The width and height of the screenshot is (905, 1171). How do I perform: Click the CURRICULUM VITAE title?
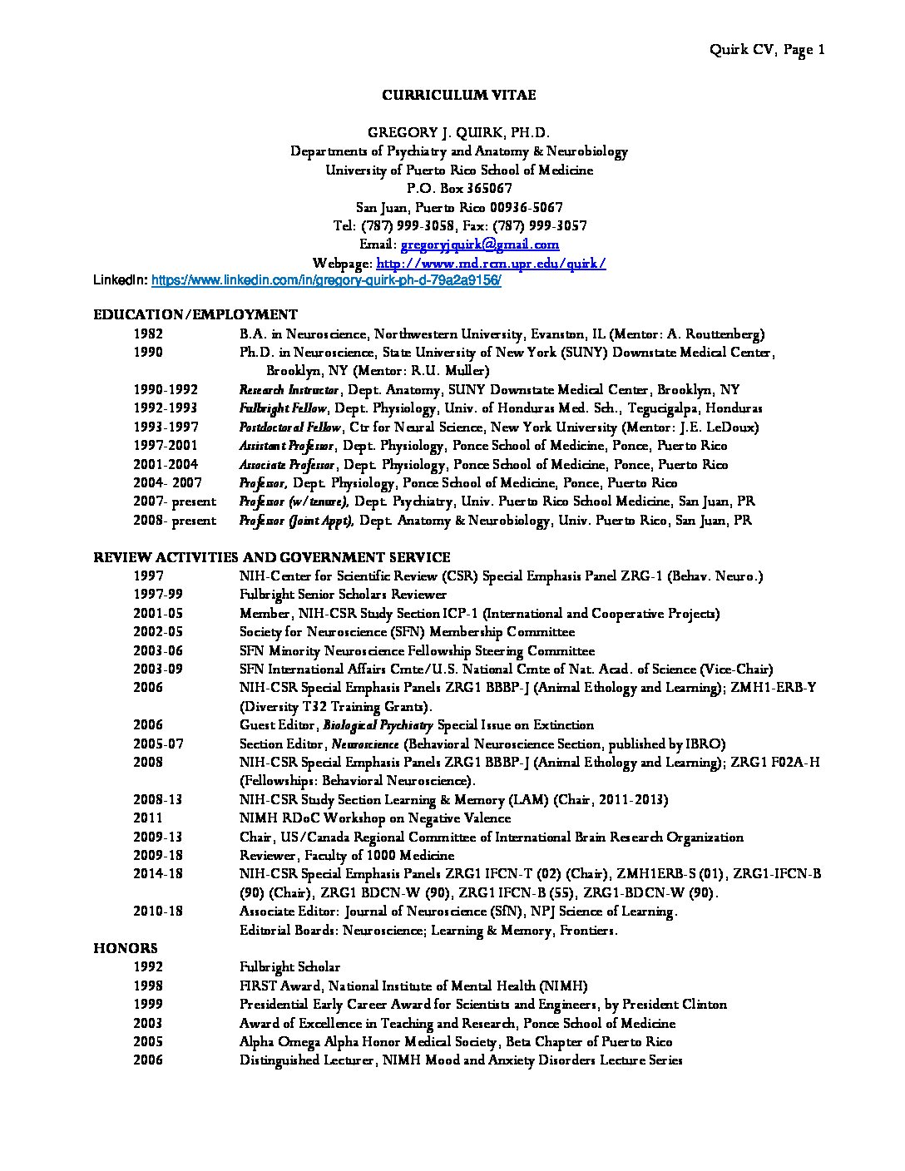(458, 95)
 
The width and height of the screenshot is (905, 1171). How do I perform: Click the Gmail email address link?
(480, 245)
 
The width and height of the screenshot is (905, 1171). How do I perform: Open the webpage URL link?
(491, 264)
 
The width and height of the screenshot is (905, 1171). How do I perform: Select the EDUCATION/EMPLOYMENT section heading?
(195, 314)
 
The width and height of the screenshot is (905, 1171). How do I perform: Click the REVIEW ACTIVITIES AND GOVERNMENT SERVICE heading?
(271, 557)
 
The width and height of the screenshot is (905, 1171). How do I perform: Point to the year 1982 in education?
(148, 334)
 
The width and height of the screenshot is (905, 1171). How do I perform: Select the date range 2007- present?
(175, 502)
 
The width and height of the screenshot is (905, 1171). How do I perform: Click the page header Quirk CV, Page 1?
(766, 50)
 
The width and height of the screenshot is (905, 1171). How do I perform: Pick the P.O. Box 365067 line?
(458, 189)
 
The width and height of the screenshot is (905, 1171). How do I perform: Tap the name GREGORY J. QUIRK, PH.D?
(458, 133)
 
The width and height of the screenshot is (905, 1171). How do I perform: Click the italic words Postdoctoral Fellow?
(289, 427)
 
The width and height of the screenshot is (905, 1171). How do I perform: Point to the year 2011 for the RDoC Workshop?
(148, 818)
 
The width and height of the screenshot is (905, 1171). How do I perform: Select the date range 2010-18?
(158, 912)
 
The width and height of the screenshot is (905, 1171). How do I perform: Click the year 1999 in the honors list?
(148, 1005)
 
